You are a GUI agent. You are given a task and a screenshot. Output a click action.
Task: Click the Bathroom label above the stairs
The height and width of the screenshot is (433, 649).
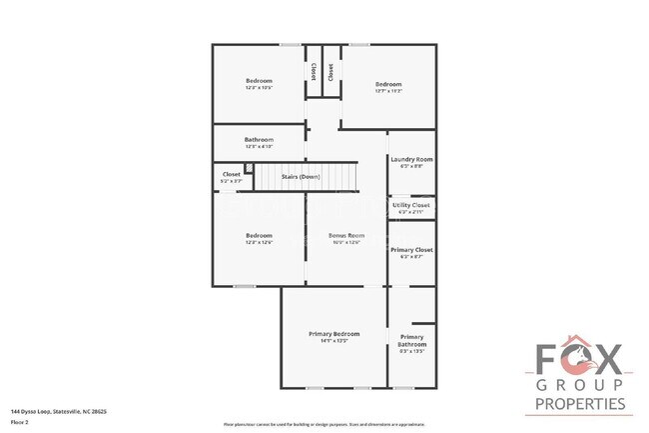(x=259, y=139)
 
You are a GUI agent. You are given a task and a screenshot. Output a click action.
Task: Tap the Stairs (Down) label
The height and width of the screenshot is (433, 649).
(x=301, y=176)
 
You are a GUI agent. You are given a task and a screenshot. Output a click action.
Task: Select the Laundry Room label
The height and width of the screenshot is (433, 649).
(x=410, y=159)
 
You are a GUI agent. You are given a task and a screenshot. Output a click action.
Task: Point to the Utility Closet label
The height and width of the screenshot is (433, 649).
(x=410, y=205)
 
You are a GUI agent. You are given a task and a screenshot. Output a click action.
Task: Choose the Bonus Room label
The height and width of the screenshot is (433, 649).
(x=346, y=235)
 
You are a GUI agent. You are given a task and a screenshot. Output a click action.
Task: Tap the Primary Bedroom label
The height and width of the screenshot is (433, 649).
(x=333, y=333)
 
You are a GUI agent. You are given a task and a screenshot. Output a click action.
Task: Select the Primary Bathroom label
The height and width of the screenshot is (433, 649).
(x=411, y=340)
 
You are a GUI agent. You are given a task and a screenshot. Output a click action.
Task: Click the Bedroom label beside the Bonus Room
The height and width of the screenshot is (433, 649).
(x=259, y=235)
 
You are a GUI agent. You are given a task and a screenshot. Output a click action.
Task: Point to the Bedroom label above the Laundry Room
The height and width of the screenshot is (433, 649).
(x=388, y=83)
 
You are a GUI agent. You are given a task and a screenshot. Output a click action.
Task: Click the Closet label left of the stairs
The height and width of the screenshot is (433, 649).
(x=231, y=174)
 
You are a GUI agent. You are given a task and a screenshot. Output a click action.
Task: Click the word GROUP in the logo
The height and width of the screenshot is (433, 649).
(x=580, y=385)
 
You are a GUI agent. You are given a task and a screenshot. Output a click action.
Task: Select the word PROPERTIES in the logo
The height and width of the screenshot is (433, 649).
(x=580, y=403)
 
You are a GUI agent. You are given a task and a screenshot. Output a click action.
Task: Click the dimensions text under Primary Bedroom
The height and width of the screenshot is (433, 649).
(x=333, y=341)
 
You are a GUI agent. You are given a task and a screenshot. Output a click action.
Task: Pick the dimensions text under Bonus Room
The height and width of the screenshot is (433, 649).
(x=346, y=242)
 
